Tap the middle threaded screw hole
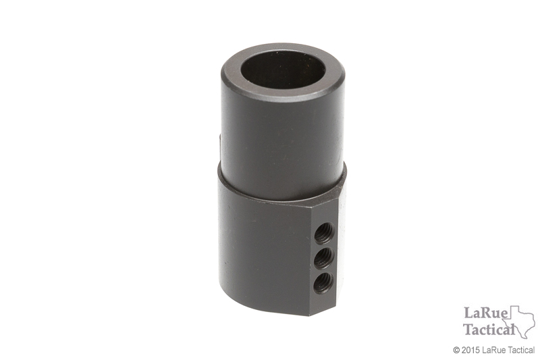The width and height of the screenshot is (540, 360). [x=324, y=256]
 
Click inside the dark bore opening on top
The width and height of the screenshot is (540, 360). [x=283, y=68]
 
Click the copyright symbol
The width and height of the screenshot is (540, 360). [x=456, y=351]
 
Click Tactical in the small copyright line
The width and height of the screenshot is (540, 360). [x=520, y=351]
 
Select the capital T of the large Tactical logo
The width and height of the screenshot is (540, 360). [x=468, y=329]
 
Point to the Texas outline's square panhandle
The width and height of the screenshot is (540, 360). [x=514, y=311]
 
